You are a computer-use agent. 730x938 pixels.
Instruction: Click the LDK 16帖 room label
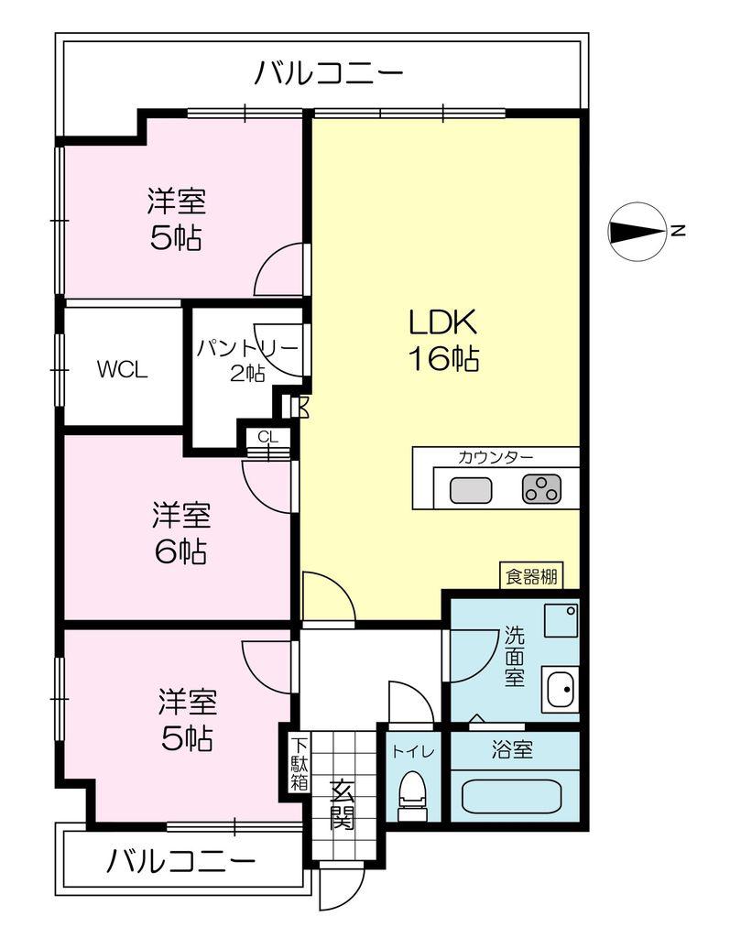(442, 340)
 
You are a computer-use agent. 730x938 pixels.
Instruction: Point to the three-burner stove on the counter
(542, 489)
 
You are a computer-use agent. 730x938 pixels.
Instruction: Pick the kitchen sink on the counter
(471, 490)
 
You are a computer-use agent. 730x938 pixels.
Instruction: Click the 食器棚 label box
(531, 576)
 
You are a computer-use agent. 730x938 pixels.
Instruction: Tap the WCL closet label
(122, 370)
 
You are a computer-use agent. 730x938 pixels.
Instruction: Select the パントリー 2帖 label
(247, 360)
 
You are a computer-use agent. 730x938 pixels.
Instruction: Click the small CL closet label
(268, 437)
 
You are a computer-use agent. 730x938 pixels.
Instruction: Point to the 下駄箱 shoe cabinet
(300, 763)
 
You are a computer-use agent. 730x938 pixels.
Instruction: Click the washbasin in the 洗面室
(561, 689)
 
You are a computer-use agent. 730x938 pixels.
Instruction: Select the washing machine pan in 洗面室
(561, 620)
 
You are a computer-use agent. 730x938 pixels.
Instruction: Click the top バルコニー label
(330, 74)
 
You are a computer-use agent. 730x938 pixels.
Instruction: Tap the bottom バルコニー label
(181, 861)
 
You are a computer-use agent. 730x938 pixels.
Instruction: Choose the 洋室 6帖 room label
(181, 534)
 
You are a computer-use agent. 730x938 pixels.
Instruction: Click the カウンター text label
(496, 458)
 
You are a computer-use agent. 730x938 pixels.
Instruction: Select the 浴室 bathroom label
(512, 749)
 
